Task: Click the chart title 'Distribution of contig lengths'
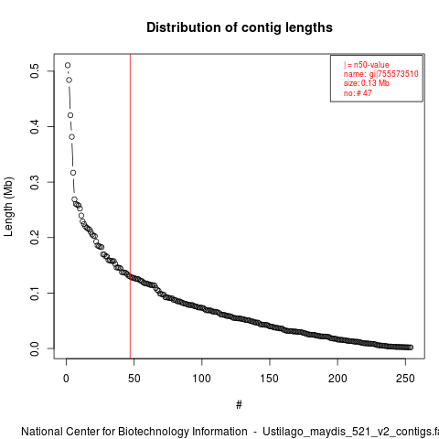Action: [240, 27]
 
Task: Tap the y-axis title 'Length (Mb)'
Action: [9, 207]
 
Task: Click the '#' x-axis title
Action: [239, 404]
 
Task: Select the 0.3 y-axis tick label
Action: [35, 182]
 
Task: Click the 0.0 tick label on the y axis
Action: [35, 348]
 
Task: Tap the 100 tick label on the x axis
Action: [201, 379]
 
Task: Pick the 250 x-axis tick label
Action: [405, 379]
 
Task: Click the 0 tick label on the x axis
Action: [66, 379]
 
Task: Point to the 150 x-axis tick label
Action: [270, 379]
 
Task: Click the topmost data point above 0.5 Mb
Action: [68, 65]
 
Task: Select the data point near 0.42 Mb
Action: [70, 115]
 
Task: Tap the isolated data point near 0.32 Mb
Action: [73, 173]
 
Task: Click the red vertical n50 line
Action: [130, 206]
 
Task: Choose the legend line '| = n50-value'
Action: [367, 65]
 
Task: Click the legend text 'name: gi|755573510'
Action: [381, 74]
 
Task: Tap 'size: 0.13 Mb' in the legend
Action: [367, 83]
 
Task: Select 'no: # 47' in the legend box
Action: [358, 93]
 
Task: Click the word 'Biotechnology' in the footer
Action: [182, 432]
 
